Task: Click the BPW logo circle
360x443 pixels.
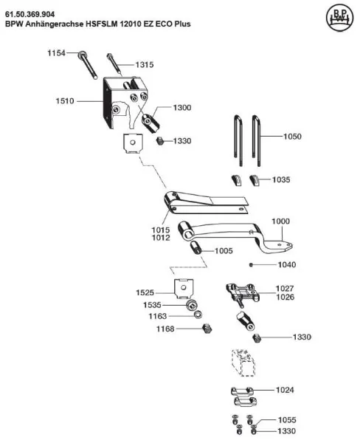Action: point(339,18)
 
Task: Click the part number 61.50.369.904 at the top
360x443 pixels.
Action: point(30,14)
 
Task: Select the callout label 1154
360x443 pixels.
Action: point(56,53)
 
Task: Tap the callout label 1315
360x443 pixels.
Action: point(145,65)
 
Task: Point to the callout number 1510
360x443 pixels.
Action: point(65,101)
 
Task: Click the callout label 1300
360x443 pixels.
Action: point(182,107)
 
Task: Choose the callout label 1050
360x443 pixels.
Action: point(292,137)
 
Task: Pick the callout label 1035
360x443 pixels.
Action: point(281,179)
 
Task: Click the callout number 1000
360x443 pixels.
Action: point(280,221)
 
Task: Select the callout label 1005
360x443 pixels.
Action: point(224,251)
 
